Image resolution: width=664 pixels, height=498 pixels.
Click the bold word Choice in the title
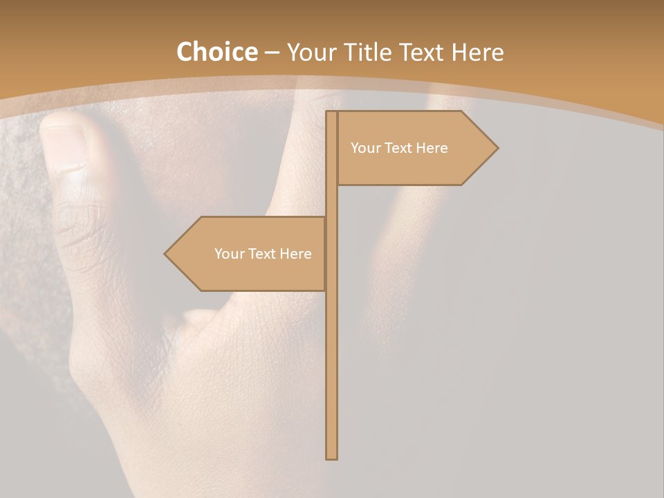[x=216, y=52]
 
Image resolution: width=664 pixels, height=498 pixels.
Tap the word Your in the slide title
[x=311, y=52]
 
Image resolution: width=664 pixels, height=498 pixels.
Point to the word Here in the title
[x=478, y=52]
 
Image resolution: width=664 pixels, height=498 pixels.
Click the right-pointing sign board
[x=408, y=148]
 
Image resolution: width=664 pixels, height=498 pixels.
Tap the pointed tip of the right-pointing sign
[x=496, y=147]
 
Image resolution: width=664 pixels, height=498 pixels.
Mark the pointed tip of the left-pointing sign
[x=166, y=254]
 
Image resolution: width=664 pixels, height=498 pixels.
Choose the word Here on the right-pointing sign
[x=432, y=148]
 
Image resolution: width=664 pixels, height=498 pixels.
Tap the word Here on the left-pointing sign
[x=295, y=254]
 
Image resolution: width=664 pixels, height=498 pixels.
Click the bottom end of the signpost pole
[x=331, y=456]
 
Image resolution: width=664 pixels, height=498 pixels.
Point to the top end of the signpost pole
[x=331, y=113]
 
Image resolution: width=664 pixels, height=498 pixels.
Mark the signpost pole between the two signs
[x=331, y=201]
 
